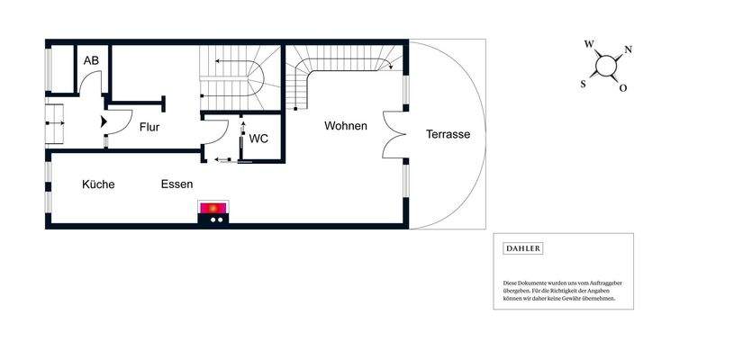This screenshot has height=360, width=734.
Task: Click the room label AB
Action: coord(91,60)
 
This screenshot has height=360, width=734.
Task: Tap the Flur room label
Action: coord(150,127)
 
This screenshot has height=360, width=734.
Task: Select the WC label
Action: coord(258,139)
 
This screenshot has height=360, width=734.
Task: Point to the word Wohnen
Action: coord(346,126)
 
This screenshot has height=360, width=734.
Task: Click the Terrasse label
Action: coord(448,134)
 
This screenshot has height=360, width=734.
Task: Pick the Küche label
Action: coord(98,184)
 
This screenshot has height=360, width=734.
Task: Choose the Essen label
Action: coord(177,184)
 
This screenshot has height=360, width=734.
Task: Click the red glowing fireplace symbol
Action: coord(213,210)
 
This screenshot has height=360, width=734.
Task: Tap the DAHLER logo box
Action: coord(523,248)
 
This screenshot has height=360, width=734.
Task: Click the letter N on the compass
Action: coord(628,49)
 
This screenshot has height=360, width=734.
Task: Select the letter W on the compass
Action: coord(588,43)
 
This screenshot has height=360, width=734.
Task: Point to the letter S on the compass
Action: coord(583,83)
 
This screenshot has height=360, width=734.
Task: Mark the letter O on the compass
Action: coord(623,88)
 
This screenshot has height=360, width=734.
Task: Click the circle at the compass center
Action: coord(606,66)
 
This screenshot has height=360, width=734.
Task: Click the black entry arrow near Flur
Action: coord(104,119)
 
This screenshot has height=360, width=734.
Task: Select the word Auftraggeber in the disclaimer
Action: coord(601,283)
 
